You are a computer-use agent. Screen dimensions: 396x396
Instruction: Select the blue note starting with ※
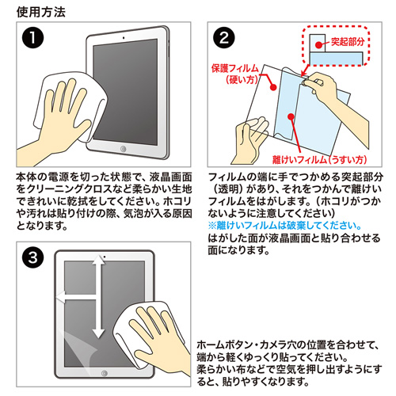point(284,224)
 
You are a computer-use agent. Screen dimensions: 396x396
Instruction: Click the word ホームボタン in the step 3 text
point(230,345)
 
